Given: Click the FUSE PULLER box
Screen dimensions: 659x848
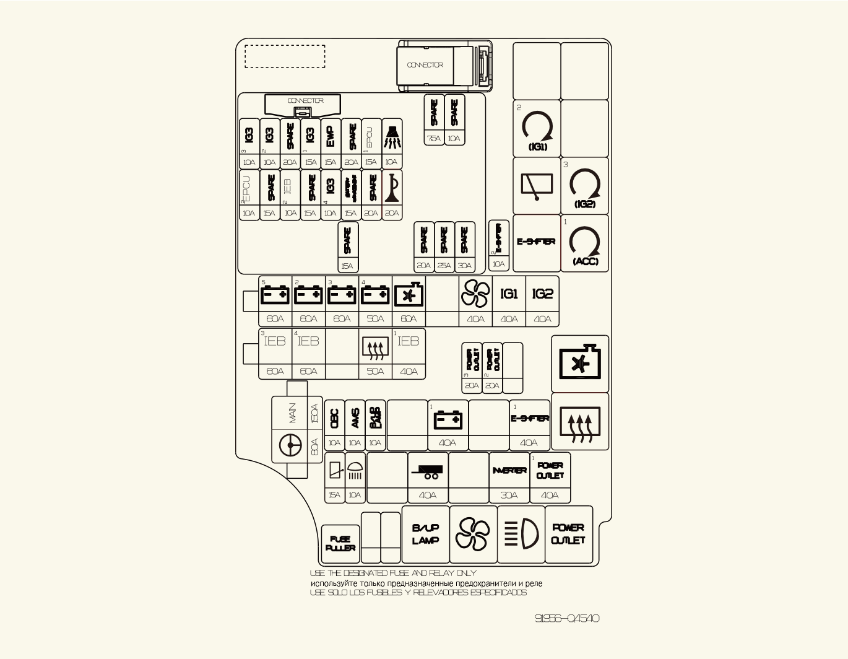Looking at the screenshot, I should (340, 543).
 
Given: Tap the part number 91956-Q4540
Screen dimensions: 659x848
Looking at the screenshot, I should (567, 618).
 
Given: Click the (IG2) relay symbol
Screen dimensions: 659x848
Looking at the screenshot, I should (585, 186).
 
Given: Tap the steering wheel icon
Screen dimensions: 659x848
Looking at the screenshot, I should (290, 445).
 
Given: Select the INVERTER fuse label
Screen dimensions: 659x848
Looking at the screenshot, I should (509, 471).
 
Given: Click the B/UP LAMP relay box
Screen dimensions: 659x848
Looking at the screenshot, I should (426, 534).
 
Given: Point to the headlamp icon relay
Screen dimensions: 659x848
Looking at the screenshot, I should (522, 534).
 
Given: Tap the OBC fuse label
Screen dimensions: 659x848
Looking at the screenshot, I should (334, 419).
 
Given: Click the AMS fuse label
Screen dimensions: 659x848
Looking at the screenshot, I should (355, 419).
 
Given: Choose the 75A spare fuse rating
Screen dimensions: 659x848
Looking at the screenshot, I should (434, 139).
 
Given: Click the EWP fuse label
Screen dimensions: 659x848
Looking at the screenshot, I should (331, 136).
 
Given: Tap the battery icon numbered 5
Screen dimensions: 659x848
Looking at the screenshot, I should (275, 294).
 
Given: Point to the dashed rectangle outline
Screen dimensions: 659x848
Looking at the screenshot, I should (285, 56).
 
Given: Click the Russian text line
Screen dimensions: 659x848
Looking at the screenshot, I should (426, 583).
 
